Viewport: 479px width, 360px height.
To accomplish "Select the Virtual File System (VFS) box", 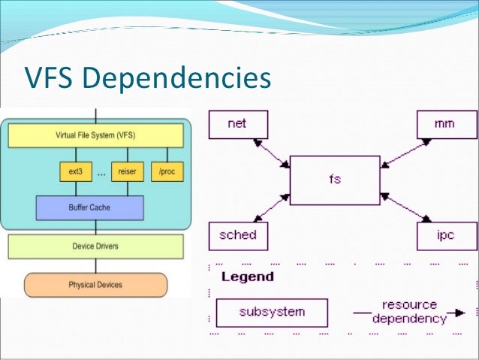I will pos(95,135).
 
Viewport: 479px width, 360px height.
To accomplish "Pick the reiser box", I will pos(126,172).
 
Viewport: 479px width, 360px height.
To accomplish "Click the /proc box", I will pos(166,172).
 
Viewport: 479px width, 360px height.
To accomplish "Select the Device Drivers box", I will pos(95,246).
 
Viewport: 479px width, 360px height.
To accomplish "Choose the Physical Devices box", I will pos(95,285).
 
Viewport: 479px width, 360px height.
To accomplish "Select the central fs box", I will pos(336,180).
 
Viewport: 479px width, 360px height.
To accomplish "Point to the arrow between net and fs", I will pos(273,152).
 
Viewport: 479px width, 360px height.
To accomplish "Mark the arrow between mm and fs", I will pos(403,152).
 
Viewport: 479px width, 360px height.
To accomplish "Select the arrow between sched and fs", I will pos(273,208).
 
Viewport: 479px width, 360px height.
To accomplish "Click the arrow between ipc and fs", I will pos(403,208).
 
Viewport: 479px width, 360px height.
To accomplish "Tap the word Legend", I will pos(248,277).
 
